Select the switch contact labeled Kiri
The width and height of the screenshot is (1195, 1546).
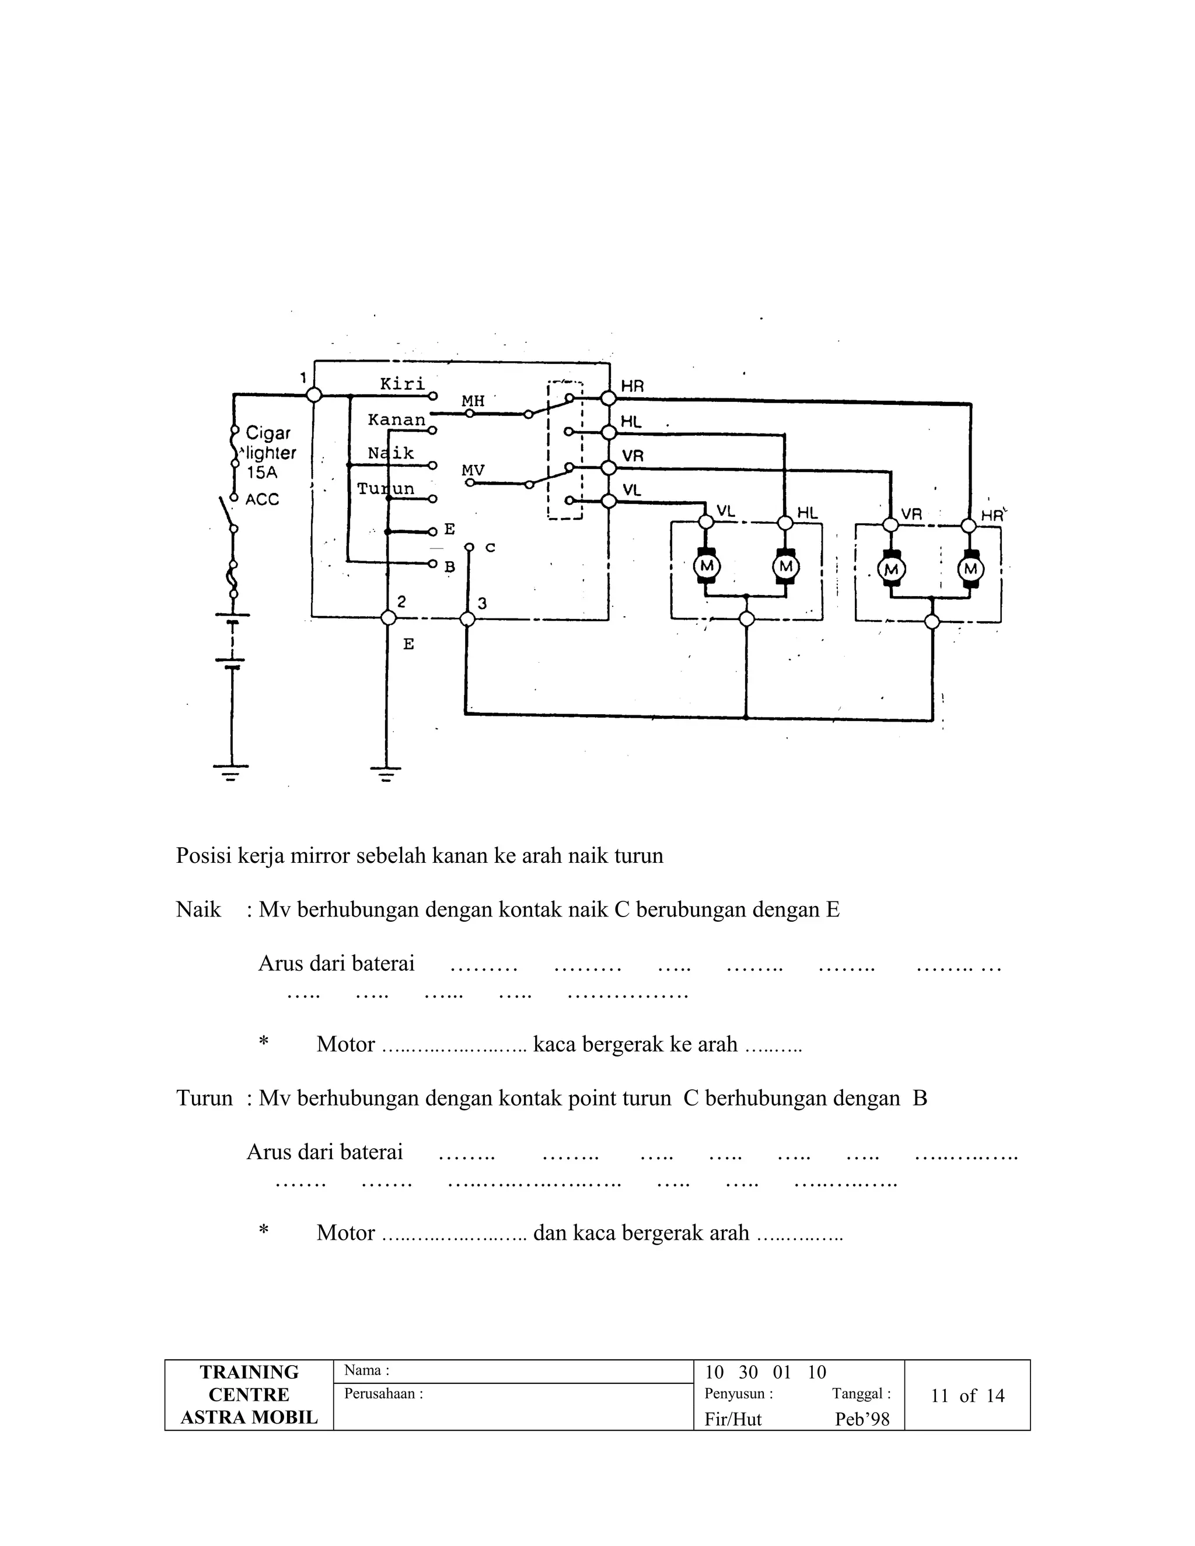[x=402, y=384]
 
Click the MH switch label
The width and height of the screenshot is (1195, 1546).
[x=473, y=401]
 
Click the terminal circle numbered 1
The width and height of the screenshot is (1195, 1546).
[x=315, y=395]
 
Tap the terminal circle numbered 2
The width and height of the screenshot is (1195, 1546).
[x=388, y=618]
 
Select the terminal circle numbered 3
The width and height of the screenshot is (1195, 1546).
[x=467, y=618]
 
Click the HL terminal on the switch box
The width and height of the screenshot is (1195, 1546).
[x=608, y=432]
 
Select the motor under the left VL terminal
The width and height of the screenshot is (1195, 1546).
[x=706, y=566]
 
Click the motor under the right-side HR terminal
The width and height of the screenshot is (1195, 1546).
[x=970, y=568]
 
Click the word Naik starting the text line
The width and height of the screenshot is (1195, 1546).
[x=198, y=910]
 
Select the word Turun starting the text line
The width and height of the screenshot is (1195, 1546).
[x=204, y=1098]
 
